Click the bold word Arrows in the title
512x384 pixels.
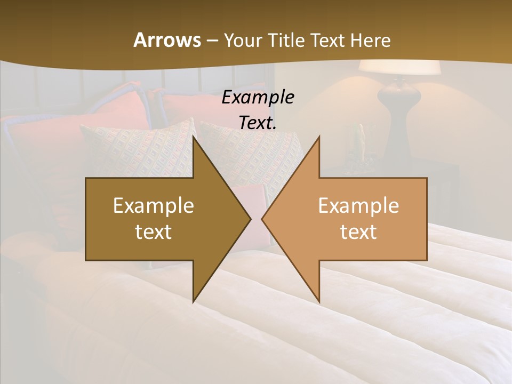click(167, 40)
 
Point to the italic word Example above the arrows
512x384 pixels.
click(258, 97)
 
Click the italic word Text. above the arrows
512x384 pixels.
click(258, 123)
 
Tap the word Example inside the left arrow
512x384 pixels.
click(154, 206)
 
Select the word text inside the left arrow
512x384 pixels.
click(154, 231)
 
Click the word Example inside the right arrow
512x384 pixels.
click(358, 206)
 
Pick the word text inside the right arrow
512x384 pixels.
click(358, 231)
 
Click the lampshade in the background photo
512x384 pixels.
click(399, 68)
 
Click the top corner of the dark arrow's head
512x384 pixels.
click(194, 138)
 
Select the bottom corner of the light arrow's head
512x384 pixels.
click(319, 301)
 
